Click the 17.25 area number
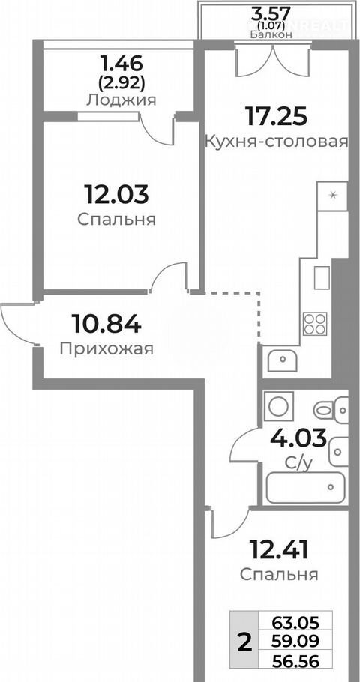click(x=276, y=116)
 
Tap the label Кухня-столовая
click(x=277, y=142)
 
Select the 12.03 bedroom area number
click(x=117, y=194)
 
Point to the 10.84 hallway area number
click(x=106, y=324)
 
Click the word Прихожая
click(x=106, y=348)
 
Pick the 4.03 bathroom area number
click(x=298, y=438)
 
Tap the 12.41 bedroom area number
click(x=279, y=549)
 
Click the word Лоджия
click(x=121, y=100)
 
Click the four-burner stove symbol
click(x=315, y=324)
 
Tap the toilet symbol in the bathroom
click(x=331, y=410)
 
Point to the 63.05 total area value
click(x=296, y=623)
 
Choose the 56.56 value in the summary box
click(x=296, y=662)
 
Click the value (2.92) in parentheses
click(x=121, y=82)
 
